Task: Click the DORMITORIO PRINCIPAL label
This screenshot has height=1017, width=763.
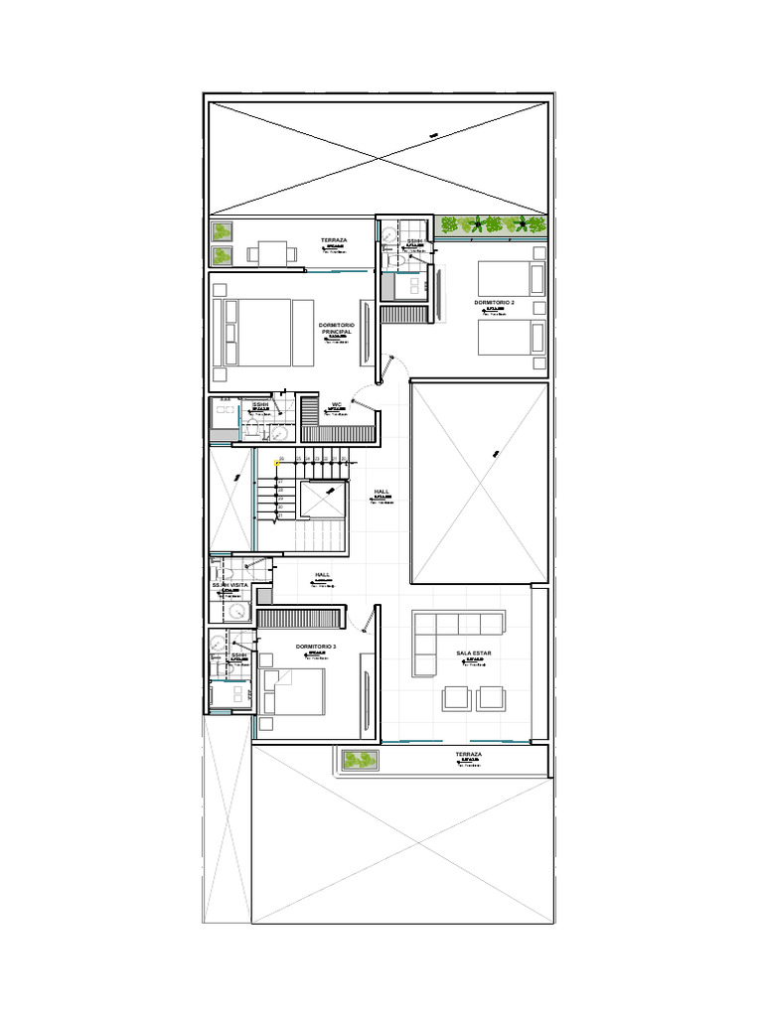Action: [x=342, y=329]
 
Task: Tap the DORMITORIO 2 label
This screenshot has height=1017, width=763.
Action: [x=494, y=302]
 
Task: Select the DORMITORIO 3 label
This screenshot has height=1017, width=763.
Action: [x=316, y=647]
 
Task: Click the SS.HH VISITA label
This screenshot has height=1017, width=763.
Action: [x=230, y=586]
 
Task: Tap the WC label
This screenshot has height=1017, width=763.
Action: [x=336, y=404]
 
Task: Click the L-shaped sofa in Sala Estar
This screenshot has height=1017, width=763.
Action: [x=447, y=637]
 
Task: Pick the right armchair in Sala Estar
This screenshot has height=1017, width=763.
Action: [x=491, y=697]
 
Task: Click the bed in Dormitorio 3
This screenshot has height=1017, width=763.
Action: [x=294, y=692]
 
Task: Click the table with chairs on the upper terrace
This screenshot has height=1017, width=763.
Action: [x=271, y=253]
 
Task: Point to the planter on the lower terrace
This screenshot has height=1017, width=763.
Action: [x=360, y=761]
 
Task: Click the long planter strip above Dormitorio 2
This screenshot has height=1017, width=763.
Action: [x=493, y=225]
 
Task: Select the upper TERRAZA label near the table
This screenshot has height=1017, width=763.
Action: [x=334, y=240]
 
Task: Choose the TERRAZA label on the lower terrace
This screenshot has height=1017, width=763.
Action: [x=468, y=755]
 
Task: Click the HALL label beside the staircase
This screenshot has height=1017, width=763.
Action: [x=382, y=492]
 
